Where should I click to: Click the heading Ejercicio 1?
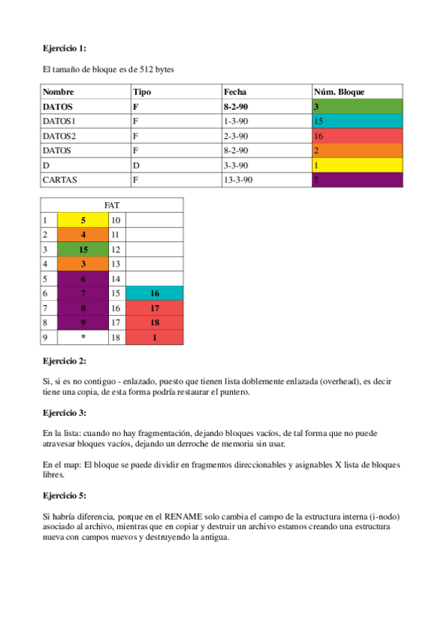(64, 49)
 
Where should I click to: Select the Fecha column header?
(235, 92)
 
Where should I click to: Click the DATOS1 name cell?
(60, 120)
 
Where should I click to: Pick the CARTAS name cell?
(60, 180)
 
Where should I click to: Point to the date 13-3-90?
(239, 180)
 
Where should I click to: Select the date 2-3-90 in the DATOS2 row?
(236, 135)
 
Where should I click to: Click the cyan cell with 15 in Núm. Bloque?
(357, 120)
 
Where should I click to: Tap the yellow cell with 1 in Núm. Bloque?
(357, 165)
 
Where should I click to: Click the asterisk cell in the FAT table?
(83, 337)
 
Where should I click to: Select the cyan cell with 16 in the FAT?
(154, 293)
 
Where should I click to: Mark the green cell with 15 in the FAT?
(83, 249)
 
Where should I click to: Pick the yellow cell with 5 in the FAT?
(83, 220)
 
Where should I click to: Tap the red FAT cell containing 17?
(154, 308)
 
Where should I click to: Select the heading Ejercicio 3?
(64, 412)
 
